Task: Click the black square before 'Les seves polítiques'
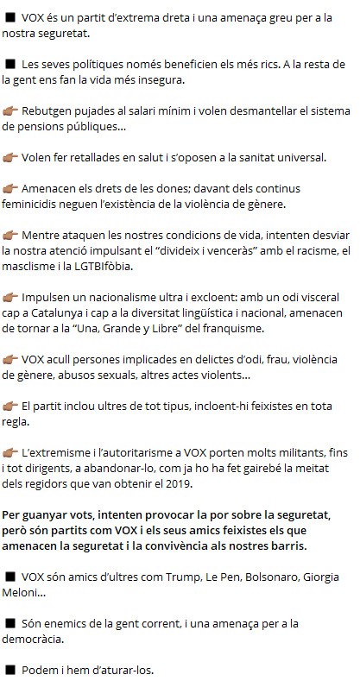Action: [10, 64]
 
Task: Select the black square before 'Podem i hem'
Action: [10, 670]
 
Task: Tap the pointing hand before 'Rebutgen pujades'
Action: [11, 110]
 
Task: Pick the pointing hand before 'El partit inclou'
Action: [11, 405]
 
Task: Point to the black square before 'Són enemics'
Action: [10, 623]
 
